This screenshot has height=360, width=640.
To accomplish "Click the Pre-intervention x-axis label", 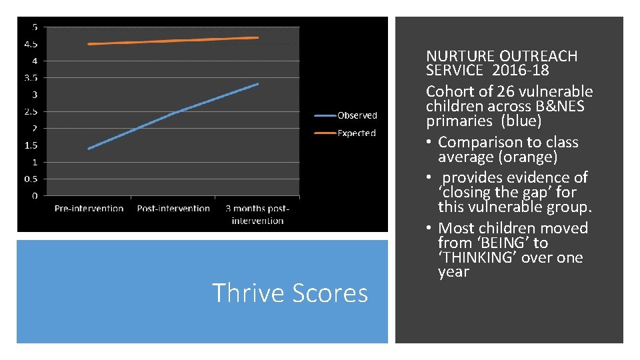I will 89,209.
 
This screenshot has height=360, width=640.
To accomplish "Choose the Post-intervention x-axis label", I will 173,209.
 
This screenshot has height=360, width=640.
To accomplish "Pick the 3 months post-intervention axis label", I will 257,214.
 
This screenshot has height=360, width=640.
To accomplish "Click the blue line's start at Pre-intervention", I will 89,149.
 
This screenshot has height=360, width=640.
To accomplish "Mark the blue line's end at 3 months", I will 258,84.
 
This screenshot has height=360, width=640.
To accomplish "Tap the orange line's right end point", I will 258,37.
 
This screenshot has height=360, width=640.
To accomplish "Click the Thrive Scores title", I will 289,293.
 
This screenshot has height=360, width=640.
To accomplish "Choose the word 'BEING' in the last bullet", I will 497,243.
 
